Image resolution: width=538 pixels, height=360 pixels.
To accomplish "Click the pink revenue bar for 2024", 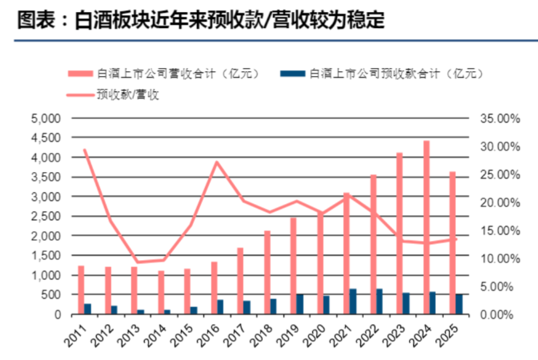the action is (427, 227).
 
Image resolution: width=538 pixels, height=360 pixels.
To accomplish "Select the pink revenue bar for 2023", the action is (399, 233).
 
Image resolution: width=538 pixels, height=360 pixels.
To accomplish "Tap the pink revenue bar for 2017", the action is (240, 281).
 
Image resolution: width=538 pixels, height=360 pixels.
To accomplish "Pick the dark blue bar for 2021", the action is (353, 302).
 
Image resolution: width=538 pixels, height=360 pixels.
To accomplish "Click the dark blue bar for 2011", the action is (87, 309).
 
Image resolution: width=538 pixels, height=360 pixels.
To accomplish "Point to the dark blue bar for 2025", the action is (459, 304).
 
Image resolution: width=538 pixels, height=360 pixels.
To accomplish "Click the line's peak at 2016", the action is (217, 162).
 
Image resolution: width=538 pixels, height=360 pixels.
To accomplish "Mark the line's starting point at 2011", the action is (84, 150).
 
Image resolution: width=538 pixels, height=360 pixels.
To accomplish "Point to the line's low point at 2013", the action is (138, 262).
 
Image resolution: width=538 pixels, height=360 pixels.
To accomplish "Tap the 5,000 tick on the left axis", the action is (46, 118).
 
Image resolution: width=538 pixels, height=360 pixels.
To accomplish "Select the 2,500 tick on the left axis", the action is (46, 216).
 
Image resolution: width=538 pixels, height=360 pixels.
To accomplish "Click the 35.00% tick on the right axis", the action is (500, 118).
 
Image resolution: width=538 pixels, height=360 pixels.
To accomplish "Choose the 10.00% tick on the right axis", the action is (500, 258).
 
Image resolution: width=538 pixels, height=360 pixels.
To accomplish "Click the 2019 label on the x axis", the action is (290, 335).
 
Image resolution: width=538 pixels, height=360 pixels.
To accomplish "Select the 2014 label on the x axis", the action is (157, 335).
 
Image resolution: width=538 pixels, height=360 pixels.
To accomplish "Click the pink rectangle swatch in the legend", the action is (81, 74).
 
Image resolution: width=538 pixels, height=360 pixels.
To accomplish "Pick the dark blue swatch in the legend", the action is (293, 74).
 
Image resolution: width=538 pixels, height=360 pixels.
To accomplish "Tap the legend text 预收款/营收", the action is (128, 94).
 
